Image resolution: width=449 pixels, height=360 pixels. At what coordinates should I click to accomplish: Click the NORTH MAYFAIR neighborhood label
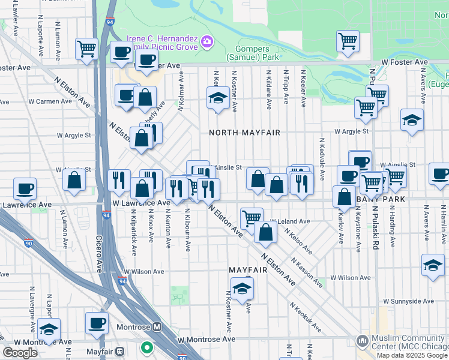244,132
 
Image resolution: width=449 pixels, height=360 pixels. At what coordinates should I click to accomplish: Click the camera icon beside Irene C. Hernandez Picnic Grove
207,41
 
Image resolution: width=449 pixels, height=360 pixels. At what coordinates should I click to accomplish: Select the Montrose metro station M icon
157,327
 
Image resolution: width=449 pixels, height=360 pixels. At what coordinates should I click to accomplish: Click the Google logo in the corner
20,353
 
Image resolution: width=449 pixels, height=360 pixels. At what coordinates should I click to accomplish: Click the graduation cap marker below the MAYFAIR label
242,288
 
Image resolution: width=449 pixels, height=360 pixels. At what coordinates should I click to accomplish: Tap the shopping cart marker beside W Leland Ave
252,217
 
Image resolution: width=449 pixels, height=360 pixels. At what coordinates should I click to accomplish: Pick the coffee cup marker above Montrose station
97,323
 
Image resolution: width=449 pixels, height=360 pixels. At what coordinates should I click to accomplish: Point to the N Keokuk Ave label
305,317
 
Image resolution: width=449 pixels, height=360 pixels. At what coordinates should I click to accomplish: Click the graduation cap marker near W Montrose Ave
49,329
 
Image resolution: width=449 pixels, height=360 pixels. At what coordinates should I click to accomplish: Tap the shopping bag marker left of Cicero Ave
74,179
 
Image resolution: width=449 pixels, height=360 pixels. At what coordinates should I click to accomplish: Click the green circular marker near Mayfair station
146,347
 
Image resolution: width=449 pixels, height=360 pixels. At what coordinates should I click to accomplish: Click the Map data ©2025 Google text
412,355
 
